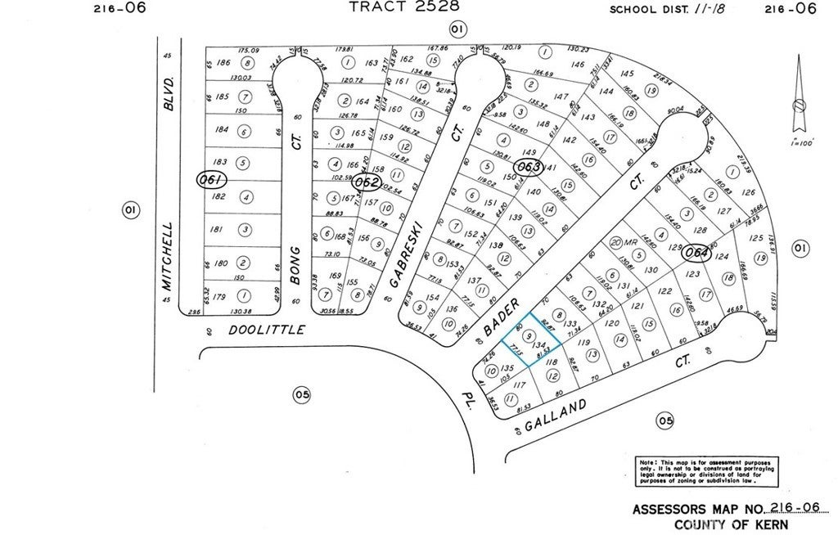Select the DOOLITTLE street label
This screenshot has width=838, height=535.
point(266,330)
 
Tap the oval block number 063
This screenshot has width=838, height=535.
point(529,168)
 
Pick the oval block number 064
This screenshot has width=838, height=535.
point(696,252)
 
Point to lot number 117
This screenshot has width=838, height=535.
point(516,384)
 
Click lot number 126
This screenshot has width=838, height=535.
point(746,193)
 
